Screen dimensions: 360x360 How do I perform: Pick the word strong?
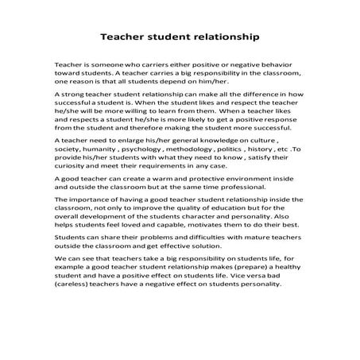click(75, 93)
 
